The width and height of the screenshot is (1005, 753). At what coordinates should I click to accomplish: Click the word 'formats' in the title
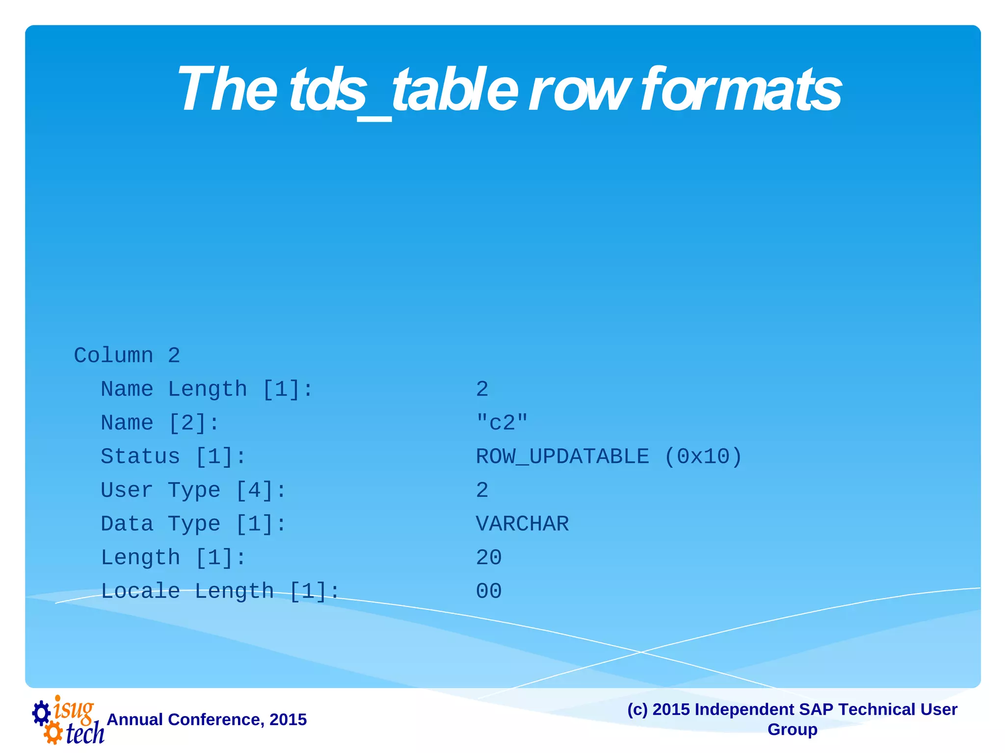click(741, 90)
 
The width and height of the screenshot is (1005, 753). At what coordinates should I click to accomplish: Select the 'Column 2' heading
click(127, 355)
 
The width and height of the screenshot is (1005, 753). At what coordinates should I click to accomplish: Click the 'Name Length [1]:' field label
click(207, 389)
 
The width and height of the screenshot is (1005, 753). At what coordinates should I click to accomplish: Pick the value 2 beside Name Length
click(482, 389)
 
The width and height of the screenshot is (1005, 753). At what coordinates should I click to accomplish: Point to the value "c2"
click(502, 423)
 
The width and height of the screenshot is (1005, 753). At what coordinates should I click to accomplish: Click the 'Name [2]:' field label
click(159, 423)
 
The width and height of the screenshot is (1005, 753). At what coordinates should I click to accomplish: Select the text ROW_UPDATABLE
click(562, 456)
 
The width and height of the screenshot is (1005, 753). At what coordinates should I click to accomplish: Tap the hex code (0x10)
click(703, 456)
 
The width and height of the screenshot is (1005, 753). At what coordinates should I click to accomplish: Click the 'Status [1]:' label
click(173, 456)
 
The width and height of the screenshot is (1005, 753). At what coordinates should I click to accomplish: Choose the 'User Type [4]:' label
click(193, 490)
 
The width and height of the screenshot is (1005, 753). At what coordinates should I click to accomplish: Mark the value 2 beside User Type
click(482, 490)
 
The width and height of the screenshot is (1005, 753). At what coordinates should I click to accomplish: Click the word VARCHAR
click(522, 524)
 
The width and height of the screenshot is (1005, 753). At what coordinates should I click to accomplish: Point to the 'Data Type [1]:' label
click(193, 524)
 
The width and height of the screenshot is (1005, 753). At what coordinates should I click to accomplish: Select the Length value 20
click(489, 557)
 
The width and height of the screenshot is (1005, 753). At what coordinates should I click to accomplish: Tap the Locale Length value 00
click(489, 591)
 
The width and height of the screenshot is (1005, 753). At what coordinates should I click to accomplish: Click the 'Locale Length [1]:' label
click(220, 591)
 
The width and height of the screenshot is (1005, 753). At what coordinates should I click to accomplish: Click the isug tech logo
click(68, 720)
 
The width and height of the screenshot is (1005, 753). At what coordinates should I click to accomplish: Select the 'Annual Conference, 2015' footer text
click(207, 719)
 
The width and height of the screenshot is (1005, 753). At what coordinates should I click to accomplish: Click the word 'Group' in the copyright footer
click(792, 729)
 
